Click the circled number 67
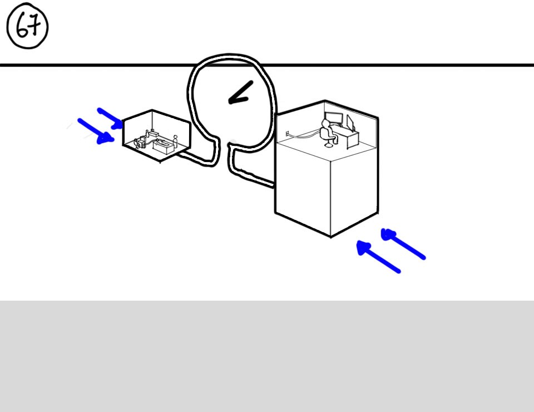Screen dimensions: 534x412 (27, 26)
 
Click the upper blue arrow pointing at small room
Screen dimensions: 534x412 (110, 118)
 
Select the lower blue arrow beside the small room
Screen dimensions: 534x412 (96, 131)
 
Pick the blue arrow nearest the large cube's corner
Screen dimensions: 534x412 (378, 256)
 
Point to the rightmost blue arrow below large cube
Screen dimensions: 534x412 (403, 244)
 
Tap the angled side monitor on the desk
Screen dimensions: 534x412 (350, 122)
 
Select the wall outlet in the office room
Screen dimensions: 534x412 (287, 133)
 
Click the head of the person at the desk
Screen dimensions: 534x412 (326, 123)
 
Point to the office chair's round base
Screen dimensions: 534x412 (329, 145)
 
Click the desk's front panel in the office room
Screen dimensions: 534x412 (353, 140)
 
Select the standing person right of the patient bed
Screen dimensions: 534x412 (175, 141)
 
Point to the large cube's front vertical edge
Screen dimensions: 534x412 (330, 198)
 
